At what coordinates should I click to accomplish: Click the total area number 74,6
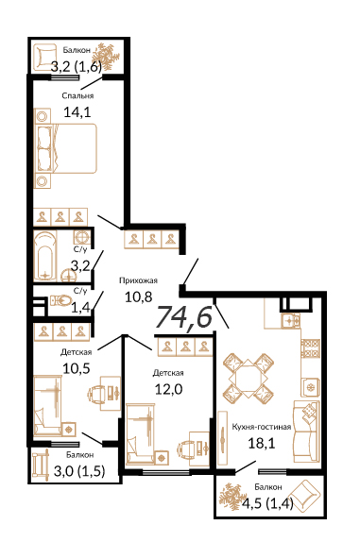(x=184, y=316)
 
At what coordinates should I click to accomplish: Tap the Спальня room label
(x=77, y=95)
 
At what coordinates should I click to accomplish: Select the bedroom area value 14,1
(x=77, y=112)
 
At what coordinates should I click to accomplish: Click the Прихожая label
(x=138, y=280)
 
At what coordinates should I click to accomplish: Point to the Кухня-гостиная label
(x=262, y=427)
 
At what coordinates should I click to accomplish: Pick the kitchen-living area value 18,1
(x=262, y=443)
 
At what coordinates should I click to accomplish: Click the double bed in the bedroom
(x=66, y=147)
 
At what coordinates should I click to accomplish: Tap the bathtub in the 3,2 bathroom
(x=45, y=256)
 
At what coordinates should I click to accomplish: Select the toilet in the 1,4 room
(x=60, y=300)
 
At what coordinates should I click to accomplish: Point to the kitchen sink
(x=290, y=320)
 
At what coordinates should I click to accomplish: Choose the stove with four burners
(x=310, y=348)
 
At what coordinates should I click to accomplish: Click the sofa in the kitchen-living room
(x=306, y=431)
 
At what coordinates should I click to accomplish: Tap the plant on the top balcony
(x=106, y=57)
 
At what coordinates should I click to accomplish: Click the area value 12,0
(x=168, y=390)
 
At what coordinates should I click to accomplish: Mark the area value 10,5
(x=77, y=368)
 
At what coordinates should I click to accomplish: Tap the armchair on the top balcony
(x=45, y=57)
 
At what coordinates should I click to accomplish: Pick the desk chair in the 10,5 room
(x=96, y=394)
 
